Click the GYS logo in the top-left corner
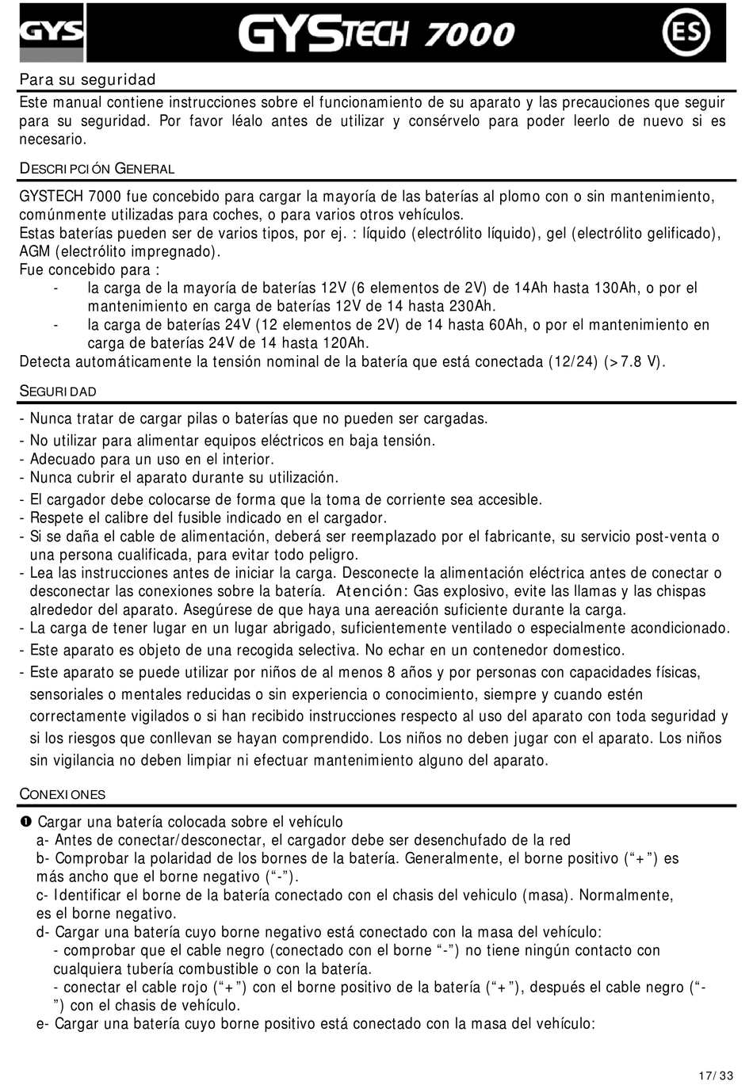click(x=52, y=32)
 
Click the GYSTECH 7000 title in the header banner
click(x=377, y=33)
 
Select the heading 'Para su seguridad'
click(x=87, y=80)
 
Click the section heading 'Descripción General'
click(x=97, y=169)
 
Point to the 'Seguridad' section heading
click(x=58, y=392)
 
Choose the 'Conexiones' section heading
click(x=63, y=794)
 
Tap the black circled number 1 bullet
click(x=25, y=822)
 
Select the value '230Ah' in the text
click(x=473, y=307)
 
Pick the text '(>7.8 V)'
click(x=635, y=362)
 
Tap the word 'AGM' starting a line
click(x=34, y=252)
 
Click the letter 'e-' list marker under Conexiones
click(x=43, y=1023)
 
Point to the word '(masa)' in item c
click(x=546, y=895)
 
